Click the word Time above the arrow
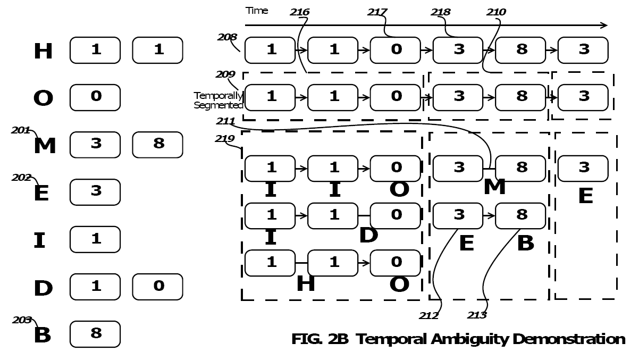(x=257, y=11)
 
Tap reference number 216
(x=300, y=12)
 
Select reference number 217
(x=377, y=12)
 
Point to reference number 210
(x=497, y=12)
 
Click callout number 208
(x=228, y=37)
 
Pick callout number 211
(x=225, y=121)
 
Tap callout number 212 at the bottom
(x=429, y=315)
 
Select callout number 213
(x=477, y=315)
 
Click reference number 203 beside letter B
(x=22, y=320)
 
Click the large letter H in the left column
(x=43, y=52)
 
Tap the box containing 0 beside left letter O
(x=95, y=97)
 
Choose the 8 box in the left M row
(x=157, y=145)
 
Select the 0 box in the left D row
(x=157, y=287)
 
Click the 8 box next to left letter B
(x=95, y=334)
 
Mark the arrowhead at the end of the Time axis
(x=607, y=26)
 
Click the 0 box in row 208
(x=396, y=50)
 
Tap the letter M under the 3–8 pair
(x=494, y=187)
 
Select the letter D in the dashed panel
(x=368, y=236)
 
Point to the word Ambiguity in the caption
(x=470, y=340)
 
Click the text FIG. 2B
(x=320, y=339)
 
